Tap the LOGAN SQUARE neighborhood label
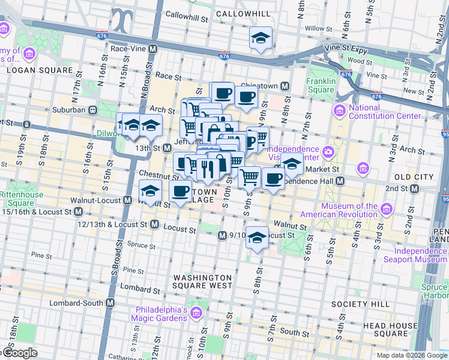(x=40, y=70)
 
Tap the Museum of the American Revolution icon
(x=386, y=209)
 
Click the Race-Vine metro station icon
(x=153, y=49)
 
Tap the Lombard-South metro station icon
(x=110, y=303)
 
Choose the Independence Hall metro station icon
(x=340, y=181)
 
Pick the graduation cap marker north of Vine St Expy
(x=261, y=38)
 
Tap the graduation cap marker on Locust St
(x=257, y=238)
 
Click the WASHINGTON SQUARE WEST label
(x=202, y=281)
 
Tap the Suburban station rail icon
(x=93, y=110)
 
